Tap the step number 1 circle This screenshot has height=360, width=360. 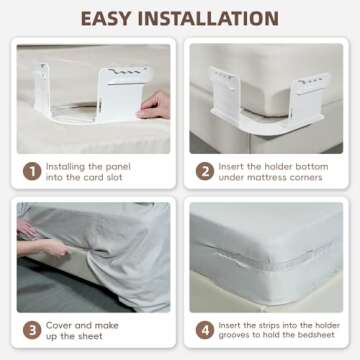(x=32, y=171)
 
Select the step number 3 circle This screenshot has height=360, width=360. (x=32, y=330)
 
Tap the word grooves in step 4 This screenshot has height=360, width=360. (x=240, y=337)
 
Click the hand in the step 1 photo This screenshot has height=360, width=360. (x=155, y=104)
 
